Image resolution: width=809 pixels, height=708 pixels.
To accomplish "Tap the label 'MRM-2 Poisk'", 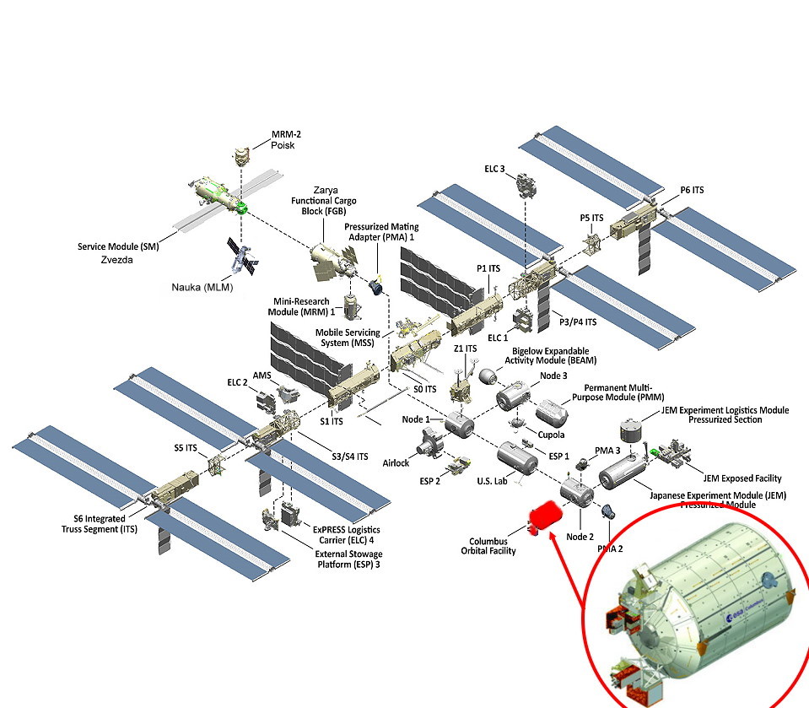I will pos(285,139).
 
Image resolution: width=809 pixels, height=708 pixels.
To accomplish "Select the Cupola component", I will pos(515,422).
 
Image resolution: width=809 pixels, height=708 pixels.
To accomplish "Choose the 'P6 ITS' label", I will pos(692,191).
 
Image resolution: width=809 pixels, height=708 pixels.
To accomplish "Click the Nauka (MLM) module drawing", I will pos(244,257).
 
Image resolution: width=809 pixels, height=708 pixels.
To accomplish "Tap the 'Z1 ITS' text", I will pos(465,349).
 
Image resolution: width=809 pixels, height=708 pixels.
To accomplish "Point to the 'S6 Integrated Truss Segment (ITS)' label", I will pos(99,524).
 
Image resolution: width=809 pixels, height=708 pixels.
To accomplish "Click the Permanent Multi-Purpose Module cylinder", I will pos(555,412).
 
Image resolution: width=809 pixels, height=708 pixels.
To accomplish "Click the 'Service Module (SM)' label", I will pos(117,247).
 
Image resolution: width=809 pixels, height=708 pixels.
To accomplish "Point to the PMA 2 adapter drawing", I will pos(606,511).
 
